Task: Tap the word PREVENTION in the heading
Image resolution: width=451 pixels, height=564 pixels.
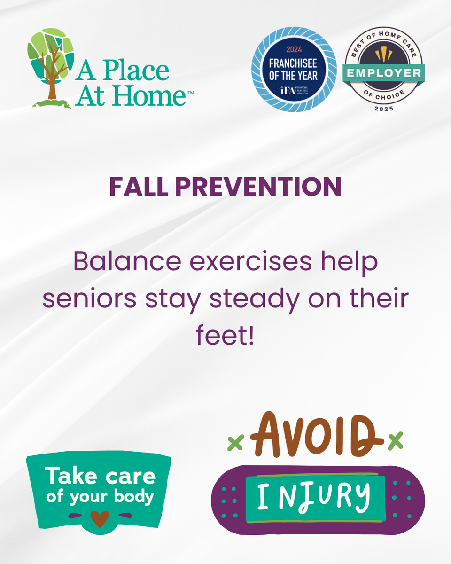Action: pyautogui.click(x=258, y=186)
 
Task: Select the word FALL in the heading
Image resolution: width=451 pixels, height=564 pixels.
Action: pyautogui.click(x=139, y=186)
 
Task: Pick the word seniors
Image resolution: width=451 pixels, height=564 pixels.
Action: pyautogui.click(x=89, y=298)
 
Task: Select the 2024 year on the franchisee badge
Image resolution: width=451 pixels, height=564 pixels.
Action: pyautogui.click(x=294, y=49)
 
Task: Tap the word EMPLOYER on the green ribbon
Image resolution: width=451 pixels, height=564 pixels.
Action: pyautogui.click(x=384, y=73)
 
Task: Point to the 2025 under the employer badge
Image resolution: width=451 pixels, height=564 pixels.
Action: pyautogui.click(x=384, y=109)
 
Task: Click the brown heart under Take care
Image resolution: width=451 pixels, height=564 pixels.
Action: pyautogui.click(x=100, y=518)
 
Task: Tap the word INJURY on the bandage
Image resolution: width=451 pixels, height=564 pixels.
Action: pyautogui.click(x=314, y=497)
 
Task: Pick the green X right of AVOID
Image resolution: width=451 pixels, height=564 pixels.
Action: pyautogui.click(x=396, y=441)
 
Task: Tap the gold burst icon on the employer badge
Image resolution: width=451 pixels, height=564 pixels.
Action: pyautogui.click(x=384, y=54)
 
